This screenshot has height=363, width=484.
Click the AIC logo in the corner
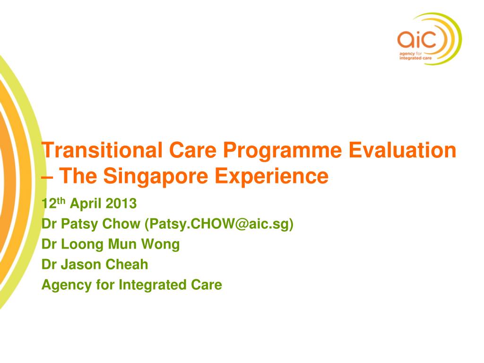coord(429,39)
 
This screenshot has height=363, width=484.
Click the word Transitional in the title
coord(102,150)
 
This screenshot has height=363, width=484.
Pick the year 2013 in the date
coord(121,204)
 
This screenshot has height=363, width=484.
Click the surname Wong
coord(160,245)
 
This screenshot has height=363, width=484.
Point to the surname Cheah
coord(127,265)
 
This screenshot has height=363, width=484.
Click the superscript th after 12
coord(61,201)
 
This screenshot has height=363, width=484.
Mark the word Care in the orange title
coord(193,150)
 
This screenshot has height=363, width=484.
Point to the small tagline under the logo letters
coord(415,56)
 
